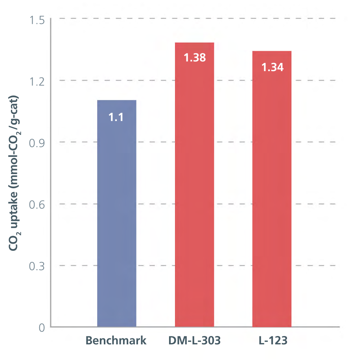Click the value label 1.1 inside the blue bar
(x=116, y=117)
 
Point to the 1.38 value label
(x=194, y=58)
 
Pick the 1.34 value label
(x=272, y=67)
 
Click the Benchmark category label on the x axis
(x=116, y=340)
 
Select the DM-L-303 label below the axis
(x=194, y=340)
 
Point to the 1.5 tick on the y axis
(x=37, y=20)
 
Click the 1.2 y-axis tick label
(x=37, y=81)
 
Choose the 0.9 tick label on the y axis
(x=37, y=142)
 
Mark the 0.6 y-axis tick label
(x=37, y=204)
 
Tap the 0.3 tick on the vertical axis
(x=37, y=266)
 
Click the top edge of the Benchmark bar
(x=116, y=101)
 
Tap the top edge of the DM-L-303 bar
(x=194, y=43)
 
